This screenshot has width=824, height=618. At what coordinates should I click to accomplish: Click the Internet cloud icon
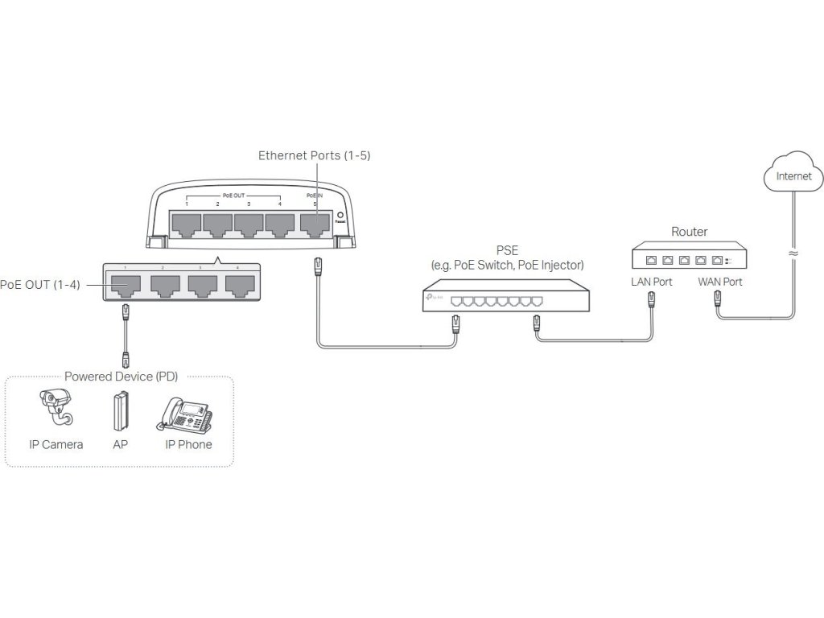(x=793, y=173)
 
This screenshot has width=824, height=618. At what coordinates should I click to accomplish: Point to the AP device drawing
(x=121, y=411)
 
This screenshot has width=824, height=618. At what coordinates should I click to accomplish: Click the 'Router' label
(x=690, y=232)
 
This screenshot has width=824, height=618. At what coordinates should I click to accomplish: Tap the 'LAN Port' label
(x=652, y=282)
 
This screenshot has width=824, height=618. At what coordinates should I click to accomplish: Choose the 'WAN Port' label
(x=720, y=282)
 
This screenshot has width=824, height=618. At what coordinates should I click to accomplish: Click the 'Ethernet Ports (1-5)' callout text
(x=314, y=155)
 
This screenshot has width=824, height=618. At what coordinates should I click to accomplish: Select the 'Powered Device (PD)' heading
(x=121, y=377)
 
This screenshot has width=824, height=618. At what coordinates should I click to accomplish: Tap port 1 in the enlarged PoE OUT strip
(x=126, y=284)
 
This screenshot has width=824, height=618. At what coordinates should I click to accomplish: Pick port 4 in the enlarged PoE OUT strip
(x=238, y=284)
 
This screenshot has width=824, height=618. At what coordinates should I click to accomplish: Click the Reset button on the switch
(x=341, y=216)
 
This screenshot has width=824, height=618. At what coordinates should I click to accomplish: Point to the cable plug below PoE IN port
(x=318, y=266)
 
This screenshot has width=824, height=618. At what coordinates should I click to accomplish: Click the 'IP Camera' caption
(x=56, y=445)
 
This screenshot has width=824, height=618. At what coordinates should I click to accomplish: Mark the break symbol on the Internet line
(x=793, y=253)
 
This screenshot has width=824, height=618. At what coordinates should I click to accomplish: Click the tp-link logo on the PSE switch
(x=435, y=299)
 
